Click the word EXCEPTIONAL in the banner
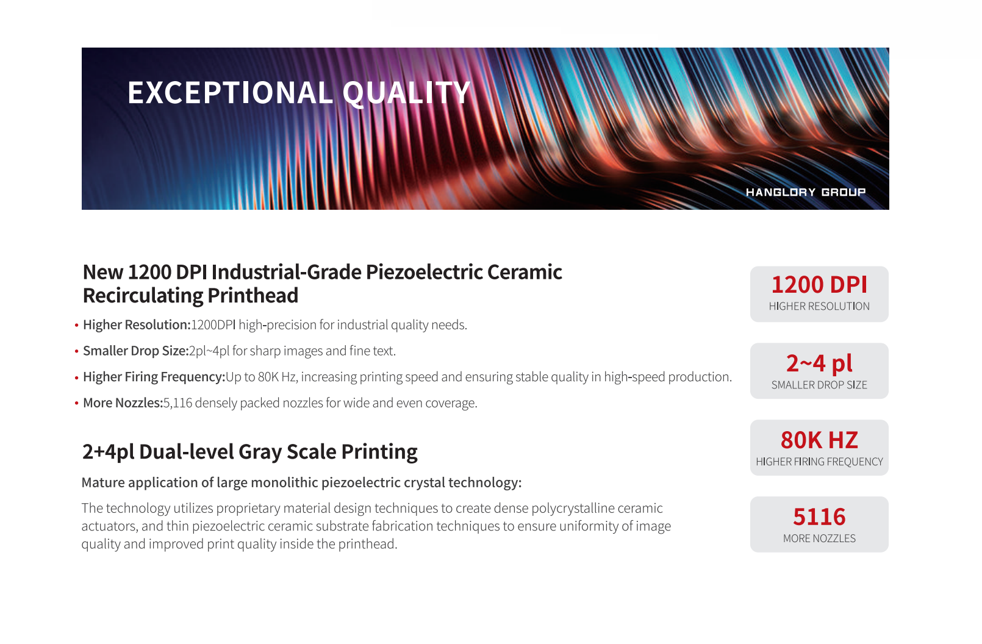(230, 93)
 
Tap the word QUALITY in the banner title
(406, 93)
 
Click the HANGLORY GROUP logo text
(806, 192)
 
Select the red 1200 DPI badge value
(819, 285)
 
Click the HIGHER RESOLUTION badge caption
(819, 306)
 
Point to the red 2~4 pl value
(819, 363)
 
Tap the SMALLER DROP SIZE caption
(819, 384)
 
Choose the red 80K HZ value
(819, 440)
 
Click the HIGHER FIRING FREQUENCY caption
(819, 461)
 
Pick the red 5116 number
(819, 517)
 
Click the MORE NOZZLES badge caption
(819, 538)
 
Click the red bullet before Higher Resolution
(77, 325)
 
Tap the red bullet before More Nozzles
(77, 403)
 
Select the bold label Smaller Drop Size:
(135, 351)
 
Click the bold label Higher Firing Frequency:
(154, 377)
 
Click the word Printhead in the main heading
(253, 295)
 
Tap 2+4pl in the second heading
(109, 452)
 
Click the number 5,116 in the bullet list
(177, 403)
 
